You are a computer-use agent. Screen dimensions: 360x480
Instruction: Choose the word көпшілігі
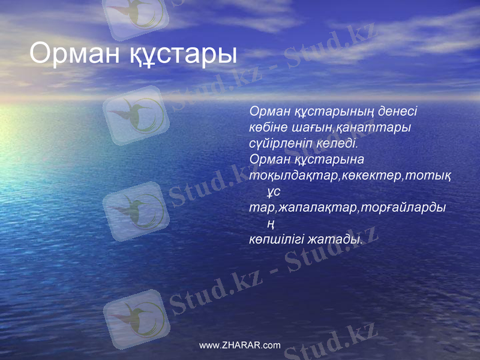277,239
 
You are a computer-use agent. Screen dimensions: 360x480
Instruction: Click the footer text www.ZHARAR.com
239,346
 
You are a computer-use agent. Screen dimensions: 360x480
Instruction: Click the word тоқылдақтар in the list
295,176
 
